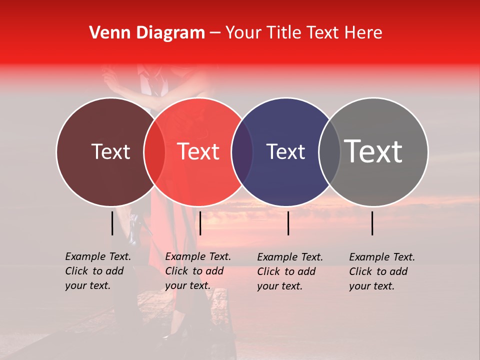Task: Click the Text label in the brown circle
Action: click(110, 151)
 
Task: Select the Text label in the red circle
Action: click(198, 151)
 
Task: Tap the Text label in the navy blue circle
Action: click(285, 151)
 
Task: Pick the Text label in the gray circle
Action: click(373, 151)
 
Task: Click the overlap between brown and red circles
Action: click(154, 151)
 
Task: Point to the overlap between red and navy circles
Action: click(242, 151)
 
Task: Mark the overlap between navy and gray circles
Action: click(328, 151)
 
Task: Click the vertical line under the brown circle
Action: click(112, 223)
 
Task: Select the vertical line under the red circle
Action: click(200, 223)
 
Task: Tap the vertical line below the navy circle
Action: click(288, 223)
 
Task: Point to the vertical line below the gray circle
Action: click(372, 223)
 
